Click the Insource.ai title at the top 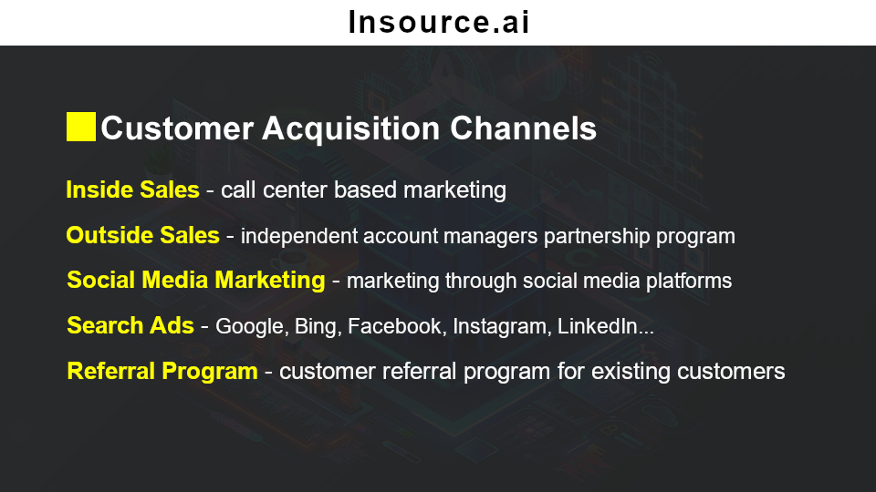click(x=439, y=22)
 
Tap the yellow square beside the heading click(x=81, y=127)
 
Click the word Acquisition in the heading click(x=350, y=128)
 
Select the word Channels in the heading click(x=523, y=128)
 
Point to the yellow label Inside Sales click(x=132, y=190)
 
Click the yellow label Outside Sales click(x=142, y=235)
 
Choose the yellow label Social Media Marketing click(x=195, y=280)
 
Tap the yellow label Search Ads click(x=130, y=326)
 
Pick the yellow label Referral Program click(x=162, y=372)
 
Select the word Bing click(x=315, y=327)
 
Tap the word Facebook click(x=394, y=327)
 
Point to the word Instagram click(x=499, y=327)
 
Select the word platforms click(x=689, y=282)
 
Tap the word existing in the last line click(x=631, y=372)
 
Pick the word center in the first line click(x=295, y=190)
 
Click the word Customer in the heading click(x=177, y=128)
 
